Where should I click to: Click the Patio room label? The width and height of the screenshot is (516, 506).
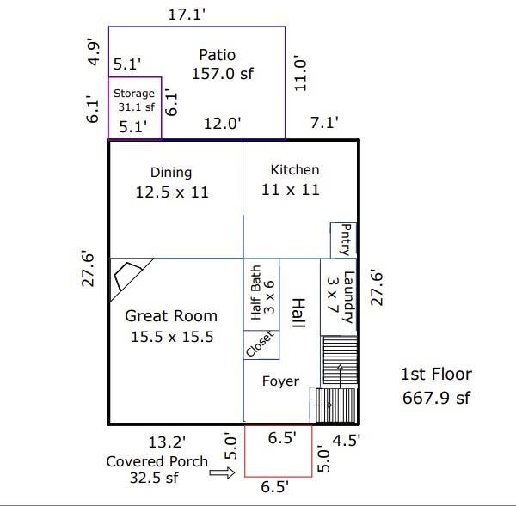[x=218, y=55]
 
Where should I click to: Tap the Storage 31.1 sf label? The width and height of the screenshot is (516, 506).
[x=134, y=101]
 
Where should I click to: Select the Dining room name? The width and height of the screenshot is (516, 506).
[x=171, y=173]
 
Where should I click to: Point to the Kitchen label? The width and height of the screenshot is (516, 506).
[x=295, y=169]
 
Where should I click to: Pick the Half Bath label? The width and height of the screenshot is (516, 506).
[x=256, y=293]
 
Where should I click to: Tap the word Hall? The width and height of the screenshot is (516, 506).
[x=298, y=313]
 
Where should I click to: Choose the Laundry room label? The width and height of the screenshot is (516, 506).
[x=349, y=297]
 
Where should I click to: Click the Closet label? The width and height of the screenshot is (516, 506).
[x=260, y=344]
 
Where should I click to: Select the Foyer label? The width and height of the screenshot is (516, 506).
[x=280, y=381]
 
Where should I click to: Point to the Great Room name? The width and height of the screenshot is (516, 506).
[x=171, y=316]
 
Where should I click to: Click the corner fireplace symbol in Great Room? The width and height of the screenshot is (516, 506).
[x=127, y=276]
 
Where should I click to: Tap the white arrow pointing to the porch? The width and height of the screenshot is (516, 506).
[x=222, y=473]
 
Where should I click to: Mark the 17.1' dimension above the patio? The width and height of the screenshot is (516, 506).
[x=187, y=15]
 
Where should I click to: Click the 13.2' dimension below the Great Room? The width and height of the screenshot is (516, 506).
[x=167, y=442]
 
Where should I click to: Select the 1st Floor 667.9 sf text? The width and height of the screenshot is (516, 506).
[x=437, y=386]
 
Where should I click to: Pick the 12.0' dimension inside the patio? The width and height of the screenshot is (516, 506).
[x=223, y=124]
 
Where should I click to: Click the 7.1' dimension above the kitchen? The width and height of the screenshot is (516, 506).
[x=324, y=123]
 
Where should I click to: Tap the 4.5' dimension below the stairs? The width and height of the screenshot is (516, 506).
[x=347, y=440]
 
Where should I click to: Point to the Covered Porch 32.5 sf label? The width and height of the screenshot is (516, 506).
[x=157, y=470]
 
